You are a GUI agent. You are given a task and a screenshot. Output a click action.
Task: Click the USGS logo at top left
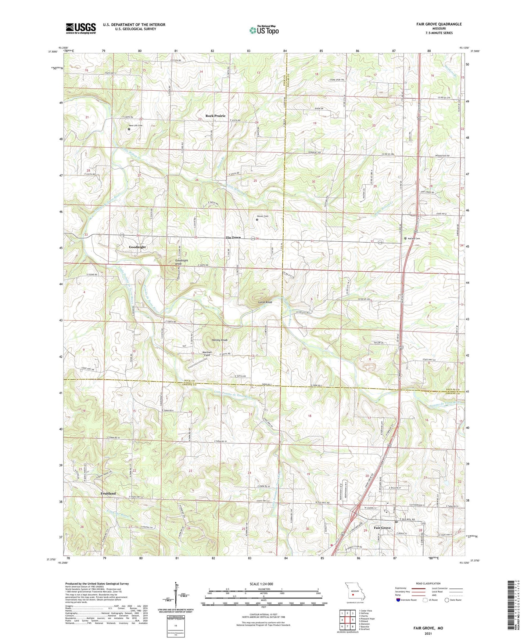click(81, 28)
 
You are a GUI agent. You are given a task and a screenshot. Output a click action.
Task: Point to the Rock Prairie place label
click(215, 116)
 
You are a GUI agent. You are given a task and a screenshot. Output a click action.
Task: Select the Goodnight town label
click(137, 247)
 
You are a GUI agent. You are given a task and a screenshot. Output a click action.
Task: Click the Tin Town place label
click(233, 238)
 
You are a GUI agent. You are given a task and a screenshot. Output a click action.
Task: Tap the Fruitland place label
click(108, 493)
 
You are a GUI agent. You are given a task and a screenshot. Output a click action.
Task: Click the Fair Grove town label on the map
click(382, 528)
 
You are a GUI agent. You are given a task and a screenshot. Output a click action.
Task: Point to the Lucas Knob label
click(265, 302)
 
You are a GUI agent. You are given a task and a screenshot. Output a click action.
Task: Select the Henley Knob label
click(219, 340)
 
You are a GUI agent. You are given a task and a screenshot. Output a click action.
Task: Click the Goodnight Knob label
click(181, 262)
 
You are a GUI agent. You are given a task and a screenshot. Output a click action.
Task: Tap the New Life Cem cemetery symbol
click(129, 129)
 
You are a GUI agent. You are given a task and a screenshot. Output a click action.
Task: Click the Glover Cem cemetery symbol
click(256, 220)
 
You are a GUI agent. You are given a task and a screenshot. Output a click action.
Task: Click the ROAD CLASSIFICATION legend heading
click(428, 583)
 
